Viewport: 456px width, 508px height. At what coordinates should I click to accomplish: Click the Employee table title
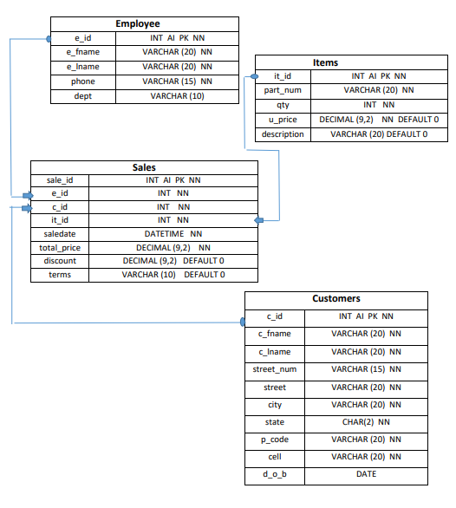[144, 23]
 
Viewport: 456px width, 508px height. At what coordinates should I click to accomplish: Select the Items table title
[350, 62]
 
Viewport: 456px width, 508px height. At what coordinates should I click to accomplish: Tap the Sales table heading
[144, 166]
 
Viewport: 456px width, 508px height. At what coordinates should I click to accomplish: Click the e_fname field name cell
[82, 52]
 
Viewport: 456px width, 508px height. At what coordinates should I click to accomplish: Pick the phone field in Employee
[82, 81]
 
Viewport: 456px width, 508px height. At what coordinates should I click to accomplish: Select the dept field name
[82, 96]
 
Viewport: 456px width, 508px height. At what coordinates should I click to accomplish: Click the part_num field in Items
[283, 90]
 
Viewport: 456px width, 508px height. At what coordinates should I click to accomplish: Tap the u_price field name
[283, 120]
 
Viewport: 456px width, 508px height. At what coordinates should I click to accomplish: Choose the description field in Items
[283, 134]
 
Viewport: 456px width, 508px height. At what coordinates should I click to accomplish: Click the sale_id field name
[60, 180]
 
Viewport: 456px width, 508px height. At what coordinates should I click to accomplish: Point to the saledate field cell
[60, 234]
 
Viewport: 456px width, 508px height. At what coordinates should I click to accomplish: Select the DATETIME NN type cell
[173, 234]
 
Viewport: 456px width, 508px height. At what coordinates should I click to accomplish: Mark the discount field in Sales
[60, 261]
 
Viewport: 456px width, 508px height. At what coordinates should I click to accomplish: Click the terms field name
[60, 275]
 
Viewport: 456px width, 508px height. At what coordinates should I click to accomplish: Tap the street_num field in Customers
[274, 370]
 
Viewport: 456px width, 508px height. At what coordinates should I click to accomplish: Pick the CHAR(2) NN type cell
[365, 422]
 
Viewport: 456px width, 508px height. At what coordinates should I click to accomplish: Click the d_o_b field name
[274, 474]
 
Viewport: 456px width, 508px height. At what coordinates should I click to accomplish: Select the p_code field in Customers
[274, 440]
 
